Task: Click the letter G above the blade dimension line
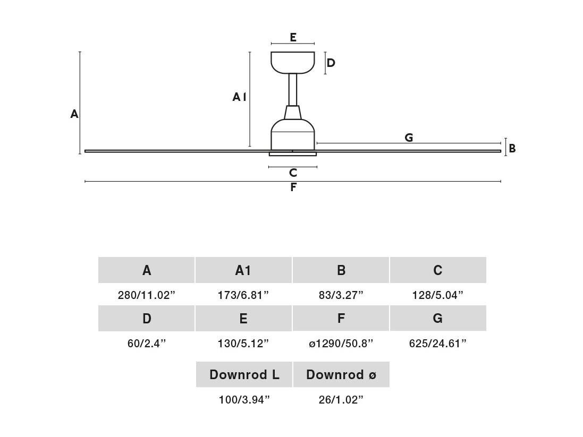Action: tap(409, 138)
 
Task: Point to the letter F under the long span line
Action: tap(293, 187)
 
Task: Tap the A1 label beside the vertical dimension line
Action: tap(239, 97)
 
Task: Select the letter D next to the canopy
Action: tap(331, 63)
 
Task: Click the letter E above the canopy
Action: tap(293, 38)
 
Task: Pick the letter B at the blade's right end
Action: tap(512, 149)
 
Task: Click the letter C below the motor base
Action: tap(293, 173)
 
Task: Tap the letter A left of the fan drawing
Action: tap(74, 114)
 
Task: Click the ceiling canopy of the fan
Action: tap(293, 63)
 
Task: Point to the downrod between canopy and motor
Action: tap(293, 90)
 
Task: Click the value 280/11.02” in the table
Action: tap(147, 295)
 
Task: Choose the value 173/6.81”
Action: tap(243, 295)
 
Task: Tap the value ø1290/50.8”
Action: tap(341, 344)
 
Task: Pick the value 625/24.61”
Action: tap(437, 344)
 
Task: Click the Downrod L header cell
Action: tap(244, 374)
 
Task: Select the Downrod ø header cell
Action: tap(341, 374)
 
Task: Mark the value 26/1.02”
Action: tap(341, 400)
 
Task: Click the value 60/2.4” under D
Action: tap(147, 344)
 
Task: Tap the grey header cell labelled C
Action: tap(438, 270)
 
